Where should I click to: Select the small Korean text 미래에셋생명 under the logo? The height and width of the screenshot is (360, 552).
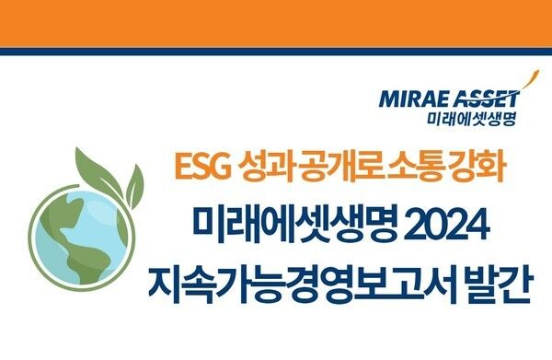click(x=474, y=118)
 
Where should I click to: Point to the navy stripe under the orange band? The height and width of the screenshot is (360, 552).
click(x=276, y=51)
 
